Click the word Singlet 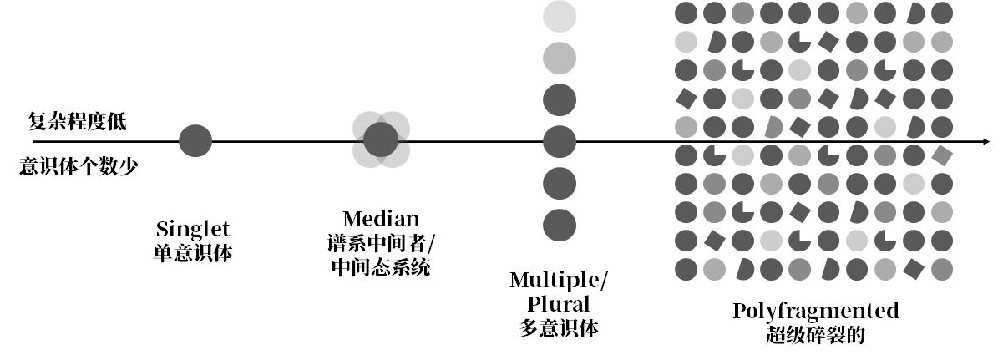(x=193, y=229)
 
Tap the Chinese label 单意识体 (x=193, y=251)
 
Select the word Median (x=381, y=220)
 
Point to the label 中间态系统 (x=381, y=268)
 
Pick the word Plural (x=559, y=303)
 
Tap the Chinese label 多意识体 (x=559, y=327)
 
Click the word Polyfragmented (x=815, y=312)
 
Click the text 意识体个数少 (x=79, y=165)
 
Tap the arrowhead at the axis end (x=985, y=140)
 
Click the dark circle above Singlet (x=195, y=140)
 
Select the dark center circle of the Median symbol (x=381, y=139)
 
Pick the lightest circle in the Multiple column (x=560, y=16)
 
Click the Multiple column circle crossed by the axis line (x=560, y=140)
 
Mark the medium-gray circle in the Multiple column (x=560, y=57)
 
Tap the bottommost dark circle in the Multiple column (x=560, y=224)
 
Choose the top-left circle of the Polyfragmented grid (x=686, y=13)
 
